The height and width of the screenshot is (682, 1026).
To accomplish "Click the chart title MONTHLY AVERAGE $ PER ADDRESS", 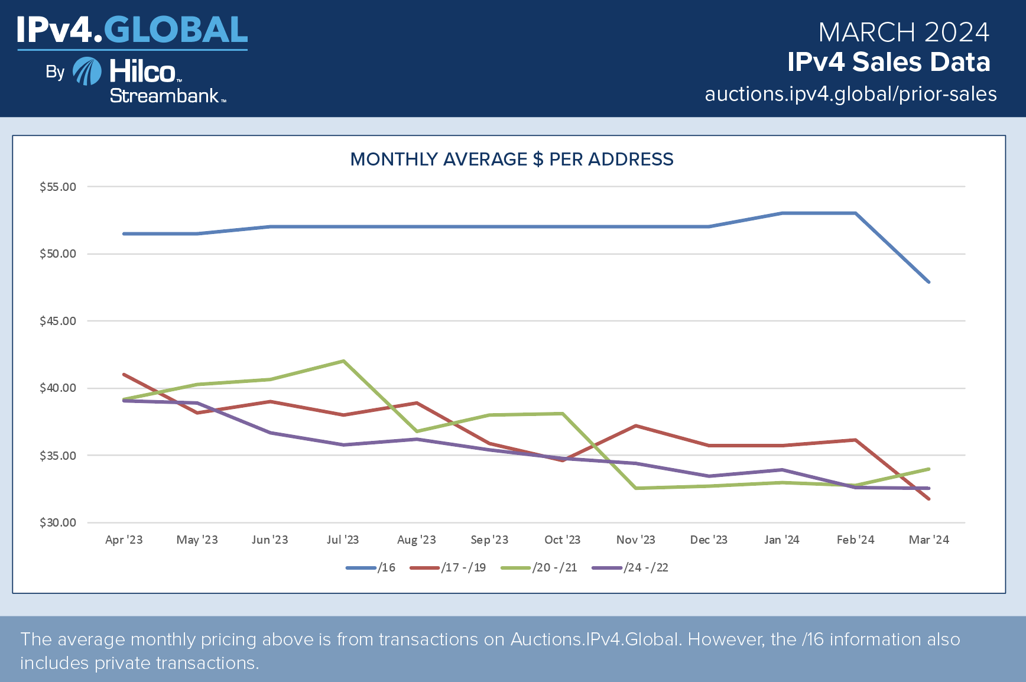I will [x=512, y=159].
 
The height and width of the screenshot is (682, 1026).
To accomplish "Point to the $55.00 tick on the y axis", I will [x=58, y=187].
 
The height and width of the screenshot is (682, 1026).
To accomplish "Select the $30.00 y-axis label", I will [x=58, y=522].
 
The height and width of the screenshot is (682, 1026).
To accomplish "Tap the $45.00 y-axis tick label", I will [x=58, y=321].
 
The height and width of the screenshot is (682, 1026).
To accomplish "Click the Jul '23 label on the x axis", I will [x=343, y=540].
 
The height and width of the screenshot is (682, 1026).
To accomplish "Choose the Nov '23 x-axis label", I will [x=635, y=540].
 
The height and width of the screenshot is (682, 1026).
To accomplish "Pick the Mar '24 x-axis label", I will [x=928, y=540].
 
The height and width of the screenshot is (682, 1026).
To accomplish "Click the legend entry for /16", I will [x=371, y=567].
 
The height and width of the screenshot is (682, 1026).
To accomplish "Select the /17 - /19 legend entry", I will [x=448, y=567].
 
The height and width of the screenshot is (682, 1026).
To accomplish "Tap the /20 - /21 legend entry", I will [x=539, y=567].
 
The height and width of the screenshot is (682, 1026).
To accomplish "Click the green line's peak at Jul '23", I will [x=343, y=361].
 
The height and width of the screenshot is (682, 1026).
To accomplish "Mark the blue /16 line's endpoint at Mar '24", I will [x=928, y=282].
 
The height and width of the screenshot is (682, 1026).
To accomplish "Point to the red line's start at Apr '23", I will [x=124, y=375].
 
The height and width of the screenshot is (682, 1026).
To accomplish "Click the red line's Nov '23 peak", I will [x=636, y=426].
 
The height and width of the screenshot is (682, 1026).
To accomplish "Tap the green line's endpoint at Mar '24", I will [x=928, y=469].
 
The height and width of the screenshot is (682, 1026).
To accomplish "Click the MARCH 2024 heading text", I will [x=904, y=33].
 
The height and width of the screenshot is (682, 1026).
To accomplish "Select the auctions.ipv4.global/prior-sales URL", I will [x=850, y=94].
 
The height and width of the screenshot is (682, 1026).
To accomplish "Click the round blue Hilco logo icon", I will [x=87, y=72].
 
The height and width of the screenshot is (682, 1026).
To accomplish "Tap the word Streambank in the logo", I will [x=164, y=96].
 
